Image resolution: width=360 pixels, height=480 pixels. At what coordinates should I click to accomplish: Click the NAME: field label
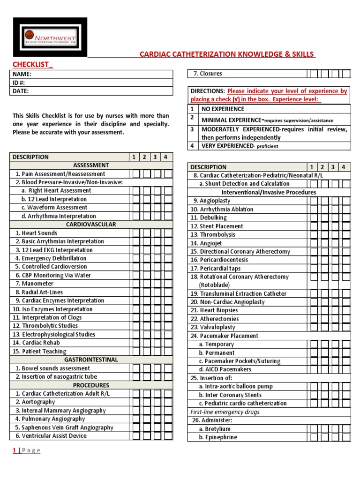[x=22, y=74]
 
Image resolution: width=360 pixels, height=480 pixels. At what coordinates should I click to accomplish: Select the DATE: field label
[x=21, y=91]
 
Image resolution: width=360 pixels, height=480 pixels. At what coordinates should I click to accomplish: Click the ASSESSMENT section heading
[x=91, y=165]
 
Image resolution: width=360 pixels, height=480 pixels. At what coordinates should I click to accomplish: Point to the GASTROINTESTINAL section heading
[x=91, y=360]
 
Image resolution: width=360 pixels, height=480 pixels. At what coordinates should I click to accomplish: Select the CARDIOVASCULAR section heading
[x=91, y=225]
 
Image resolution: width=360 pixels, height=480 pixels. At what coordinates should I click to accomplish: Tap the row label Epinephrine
[x=221, y=437]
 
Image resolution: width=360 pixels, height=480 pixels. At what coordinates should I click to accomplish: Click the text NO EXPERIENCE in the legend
[x=223, y=109]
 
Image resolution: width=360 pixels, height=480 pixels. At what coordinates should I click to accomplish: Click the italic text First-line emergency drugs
[x=225, y=412]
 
